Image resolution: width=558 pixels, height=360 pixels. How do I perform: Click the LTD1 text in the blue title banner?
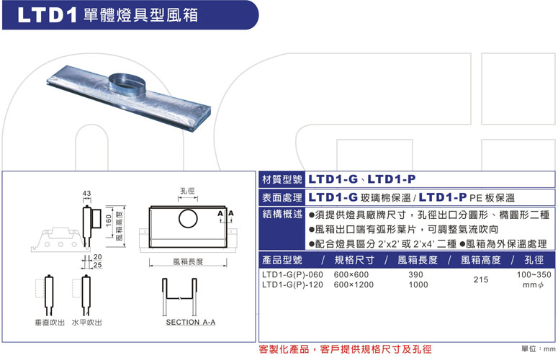(x=47, y=15)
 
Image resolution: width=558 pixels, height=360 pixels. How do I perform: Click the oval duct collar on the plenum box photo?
(x=127, y=83)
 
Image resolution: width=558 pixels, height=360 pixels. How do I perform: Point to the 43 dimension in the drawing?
(x=87, y=193)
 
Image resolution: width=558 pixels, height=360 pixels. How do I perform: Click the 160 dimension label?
(x=109, y=220)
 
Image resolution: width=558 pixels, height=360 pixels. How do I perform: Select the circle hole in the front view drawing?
(x=188, y=218)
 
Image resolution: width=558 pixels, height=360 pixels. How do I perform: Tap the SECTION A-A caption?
(x=191, y=322)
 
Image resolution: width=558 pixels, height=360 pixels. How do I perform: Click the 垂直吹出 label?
(x=50, y=323)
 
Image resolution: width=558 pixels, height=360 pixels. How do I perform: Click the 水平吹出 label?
(x=87, y=323)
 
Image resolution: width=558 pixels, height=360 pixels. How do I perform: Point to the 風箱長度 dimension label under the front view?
(x=188, y=261)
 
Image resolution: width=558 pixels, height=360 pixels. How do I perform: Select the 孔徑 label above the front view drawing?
(x=187, y=191)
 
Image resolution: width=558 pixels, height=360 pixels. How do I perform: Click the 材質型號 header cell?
(x=282, y=179)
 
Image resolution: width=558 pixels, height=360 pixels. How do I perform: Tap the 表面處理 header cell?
(x=282, y=197)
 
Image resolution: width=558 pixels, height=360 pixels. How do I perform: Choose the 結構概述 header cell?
(x=282, y=214)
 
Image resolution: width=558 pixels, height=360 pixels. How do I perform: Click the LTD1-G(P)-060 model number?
(x=292, y=274)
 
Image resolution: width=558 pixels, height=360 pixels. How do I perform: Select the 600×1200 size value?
(x=354, y=284)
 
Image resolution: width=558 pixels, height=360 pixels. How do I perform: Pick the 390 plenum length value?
(x=415, y=274)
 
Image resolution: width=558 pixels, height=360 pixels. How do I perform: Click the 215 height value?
(x=481, y=279)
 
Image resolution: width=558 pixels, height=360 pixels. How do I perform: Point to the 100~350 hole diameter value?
(x=534, y=274)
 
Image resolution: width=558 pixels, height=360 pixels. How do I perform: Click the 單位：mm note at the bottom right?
(x=539, y=348)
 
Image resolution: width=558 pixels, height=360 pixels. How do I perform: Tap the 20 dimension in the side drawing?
(x=97, y=257)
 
